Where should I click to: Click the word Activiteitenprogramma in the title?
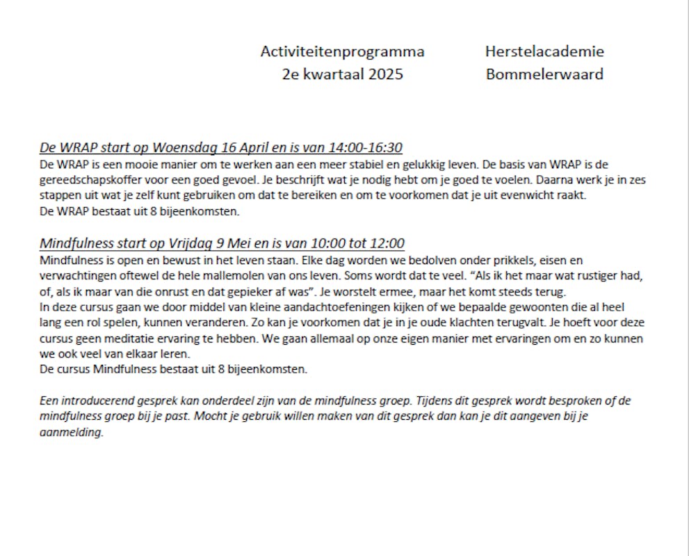point(342,51)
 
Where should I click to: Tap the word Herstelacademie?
point(544,51)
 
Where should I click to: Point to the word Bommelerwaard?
point(544,74)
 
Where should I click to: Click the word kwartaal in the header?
point(333,74)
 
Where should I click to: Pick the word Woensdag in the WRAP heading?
point(185,148)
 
